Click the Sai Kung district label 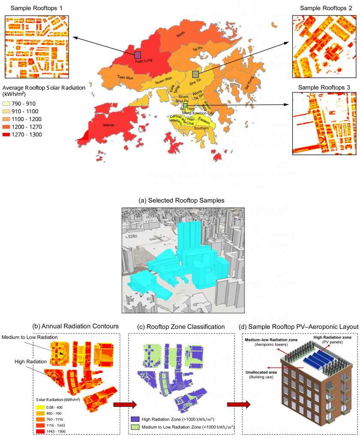click(x=249, y=81)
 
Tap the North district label click(x=182, y=37)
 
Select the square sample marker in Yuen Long click(x=137, y=54)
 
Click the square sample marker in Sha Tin click(x=195, y=74)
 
